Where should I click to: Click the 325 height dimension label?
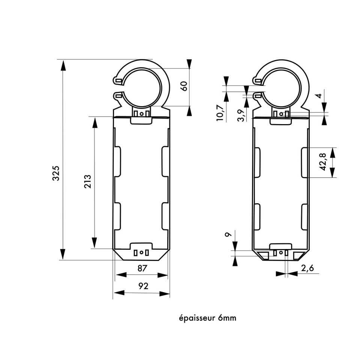(x=56, y=173)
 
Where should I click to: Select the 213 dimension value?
(x=88, y=181)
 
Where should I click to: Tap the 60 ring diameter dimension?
(x=184, y=86)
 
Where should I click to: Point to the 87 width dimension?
(x=142, y=268)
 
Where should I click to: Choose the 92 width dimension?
(x=143, y=286)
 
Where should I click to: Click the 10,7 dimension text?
(x=220, y=112)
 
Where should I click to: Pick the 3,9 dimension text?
(x=241, y=115)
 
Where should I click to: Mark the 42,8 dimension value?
(x=323, y=162)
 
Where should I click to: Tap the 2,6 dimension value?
(x=307, y=268)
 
